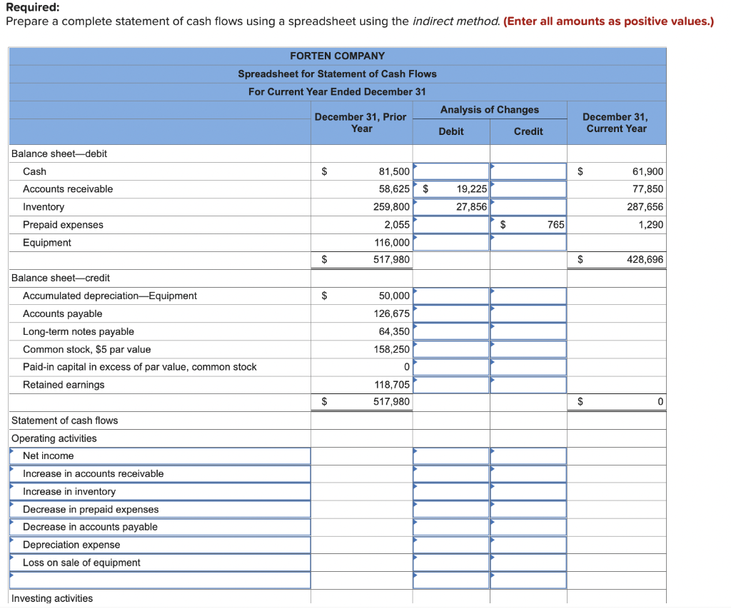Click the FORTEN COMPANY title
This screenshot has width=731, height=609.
coord(337,56)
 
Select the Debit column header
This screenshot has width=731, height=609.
coord(450,131)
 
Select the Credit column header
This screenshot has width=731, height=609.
coord(528,131)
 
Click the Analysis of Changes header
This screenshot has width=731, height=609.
coord(489,110)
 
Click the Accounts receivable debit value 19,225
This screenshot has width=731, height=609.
coord(471,189)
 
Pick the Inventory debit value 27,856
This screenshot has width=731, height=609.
coord(471,207)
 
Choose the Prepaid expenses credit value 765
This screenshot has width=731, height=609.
coord(555,225)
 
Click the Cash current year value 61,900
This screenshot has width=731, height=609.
coord(647,171)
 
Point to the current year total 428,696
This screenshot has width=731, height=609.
coord(645,260)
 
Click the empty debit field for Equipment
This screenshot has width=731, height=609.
coord(450,243)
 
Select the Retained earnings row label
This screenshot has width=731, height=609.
coord(64,385)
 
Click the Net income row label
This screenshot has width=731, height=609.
coord(48,456)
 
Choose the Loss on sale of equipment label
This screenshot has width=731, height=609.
coord(81,563)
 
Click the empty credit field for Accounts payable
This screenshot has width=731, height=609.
coord(528,313)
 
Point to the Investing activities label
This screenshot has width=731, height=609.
coord(52,598)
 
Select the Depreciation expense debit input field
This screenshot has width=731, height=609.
coord(450,545)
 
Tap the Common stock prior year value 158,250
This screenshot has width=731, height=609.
coord(392,349)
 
